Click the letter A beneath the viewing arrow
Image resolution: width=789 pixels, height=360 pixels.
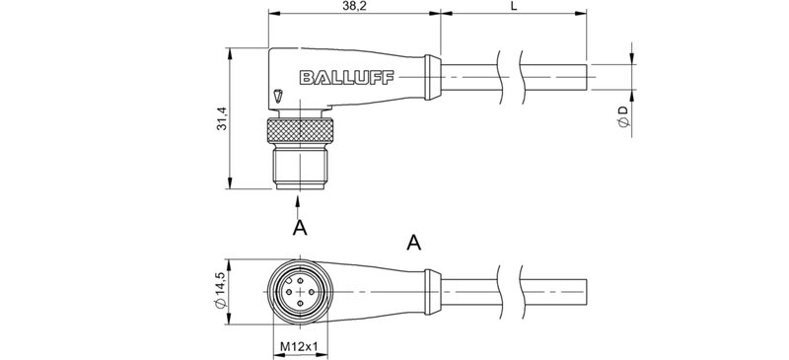click(x=300, y=229)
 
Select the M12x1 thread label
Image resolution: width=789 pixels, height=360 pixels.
click(x=297, y=346)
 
